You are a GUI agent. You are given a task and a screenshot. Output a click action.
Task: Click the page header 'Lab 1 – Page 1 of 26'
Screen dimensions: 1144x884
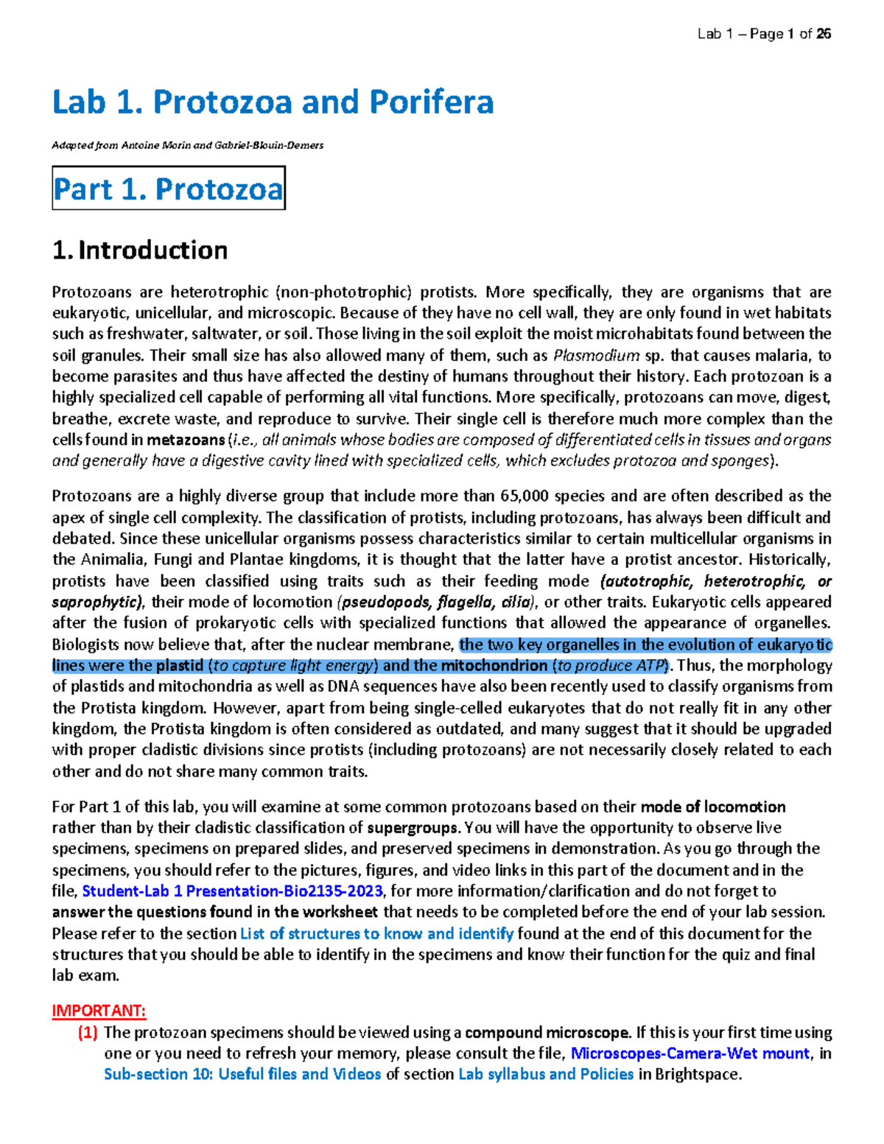tap(764, 34)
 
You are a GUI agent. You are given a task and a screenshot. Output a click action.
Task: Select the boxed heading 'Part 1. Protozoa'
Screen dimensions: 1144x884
tap(168, 189)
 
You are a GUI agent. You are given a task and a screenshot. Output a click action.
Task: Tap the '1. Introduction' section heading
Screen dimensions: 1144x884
tap(140, 250)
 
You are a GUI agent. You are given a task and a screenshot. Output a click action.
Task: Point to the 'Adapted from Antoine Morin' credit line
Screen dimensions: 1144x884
tap(187, 145)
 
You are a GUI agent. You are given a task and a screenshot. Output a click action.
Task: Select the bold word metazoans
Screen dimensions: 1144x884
tap(186, 441)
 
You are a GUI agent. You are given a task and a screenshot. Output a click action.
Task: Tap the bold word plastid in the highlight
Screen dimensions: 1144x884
tap(179, 666)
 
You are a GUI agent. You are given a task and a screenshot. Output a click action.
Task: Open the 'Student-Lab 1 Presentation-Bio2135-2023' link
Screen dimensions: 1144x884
tap(232, 891)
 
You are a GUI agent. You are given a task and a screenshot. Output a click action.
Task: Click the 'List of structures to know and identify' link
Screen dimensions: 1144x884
tap(376, 934)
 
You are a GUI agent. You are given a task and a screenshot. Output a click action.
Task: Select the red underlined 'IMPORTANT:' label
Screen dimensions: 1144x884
tap(99, 1011)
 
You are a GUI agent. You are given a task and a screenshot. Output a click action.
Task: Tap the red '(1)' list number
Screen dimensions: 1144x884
tap(88, 1033)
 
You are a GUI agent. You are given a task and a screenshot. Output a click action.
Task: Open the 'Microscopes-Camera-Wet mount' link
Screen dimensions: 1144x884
tap(690, 1053)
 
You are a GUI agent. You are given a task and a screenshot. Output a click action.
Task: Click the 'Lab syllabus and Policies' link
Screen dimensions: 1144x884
tap(546, 1075)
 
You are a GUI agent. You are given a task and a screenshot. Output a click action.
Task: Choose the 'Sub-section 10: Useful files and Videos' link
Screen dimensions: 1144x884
tap(242, 1075)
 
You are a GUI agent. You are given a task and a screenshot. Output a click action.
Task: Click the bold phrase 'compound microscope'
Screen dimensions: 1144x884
tap(547, 1033)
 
